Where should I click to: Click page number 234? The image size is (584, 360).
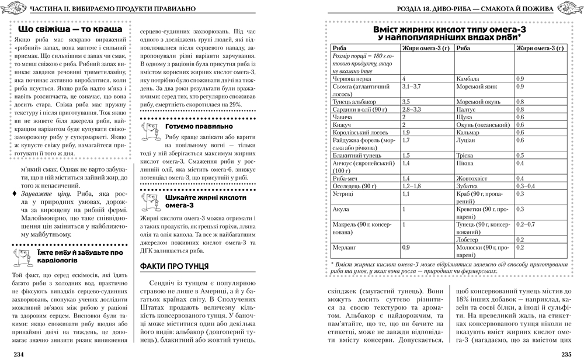click(x=14, y=354)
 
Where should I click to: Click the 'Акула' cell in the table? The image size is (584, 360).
click(x=340, y=209)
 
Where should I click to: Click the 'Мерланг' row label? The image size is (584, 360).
click(x=345, y=247)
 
